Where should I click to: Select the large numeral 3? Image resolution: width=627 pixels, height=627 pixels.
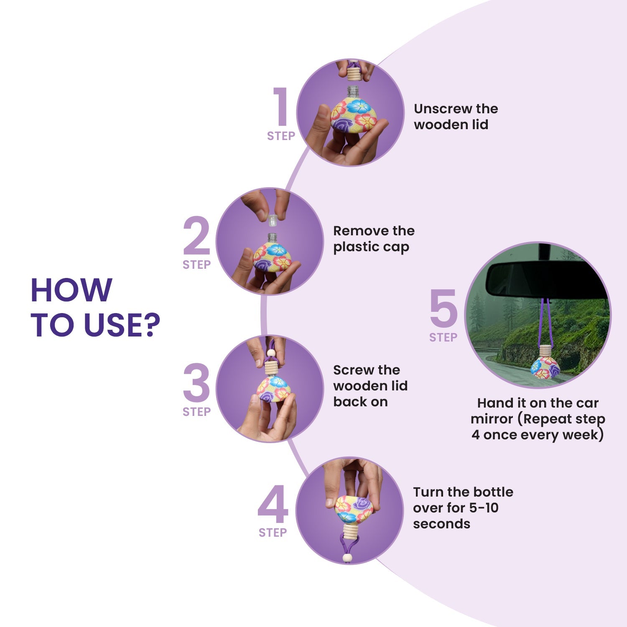tap(196, 383)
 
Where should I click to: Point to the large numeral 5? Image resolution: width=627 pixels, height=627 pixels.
tap(443, 308)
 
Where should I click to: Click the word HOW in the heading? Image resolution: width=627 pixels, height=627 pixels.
tap(71, 290)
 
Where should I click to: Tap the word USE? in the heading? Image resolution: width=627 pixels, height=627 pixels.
tap(122, 325)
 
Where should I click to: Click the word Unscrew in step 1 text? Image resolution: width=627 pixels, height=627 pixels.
tap(443, 109)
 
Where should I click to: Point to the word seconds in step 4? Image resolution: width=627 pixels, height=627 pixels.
tap(441, 524)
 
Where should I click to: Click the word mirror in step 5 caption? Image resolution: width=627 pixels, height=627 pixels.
tap(492, 419)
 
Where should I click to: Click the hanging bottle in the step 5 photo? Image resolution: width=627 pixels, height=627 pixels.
tap(545, 362)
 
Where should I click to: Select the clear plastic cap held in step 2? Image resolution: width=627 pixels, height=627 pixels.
tap(273, 220)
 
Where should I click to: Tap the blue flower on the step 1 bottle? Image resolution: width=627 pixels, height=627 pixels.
tap(359, 107)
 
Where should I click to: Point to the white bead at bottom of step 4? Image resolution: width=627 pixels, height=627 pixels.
tap(347, 558)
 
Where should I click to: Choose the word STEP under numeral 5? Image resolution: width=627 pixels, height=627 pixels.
tap(443, 337)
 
